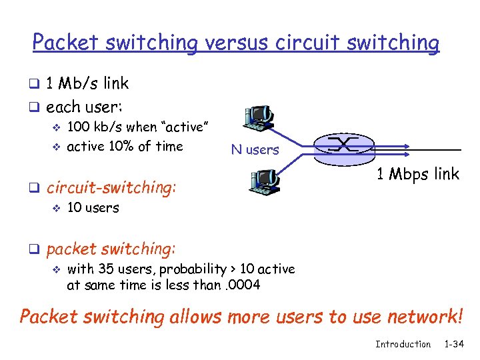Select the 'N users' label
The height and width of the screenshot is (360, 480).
[255, 150]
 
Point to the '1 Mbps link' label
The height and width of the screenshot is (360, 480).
[417, 175]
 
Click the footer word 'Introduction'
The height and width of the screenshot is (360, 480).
[403, 344]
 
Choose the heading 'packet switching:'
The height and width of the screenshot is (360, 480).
[111, 249]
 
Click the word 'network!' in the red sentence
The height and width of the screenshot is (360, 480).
[421, 316]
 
